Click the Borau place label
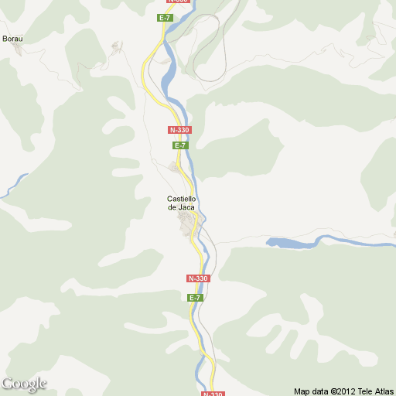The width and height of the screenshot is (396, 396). click(x=12, y=38)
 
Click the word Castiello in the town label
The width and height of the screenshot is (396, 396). click(x=182, y=199)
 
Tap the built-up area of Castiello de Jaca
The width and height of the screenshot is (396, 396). click(x=188, y=225)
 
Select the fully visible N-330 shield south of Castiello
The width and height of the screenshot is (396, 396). click(x=198, y=278)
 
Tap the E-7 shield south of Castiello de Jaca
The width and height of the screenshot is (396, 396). click(x=195, y=297)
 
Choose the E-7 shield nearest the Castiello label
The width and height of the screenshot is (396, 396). click(x=180, y=145)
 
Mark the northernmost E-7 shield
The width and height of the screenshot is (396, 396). click(x=165, y=17)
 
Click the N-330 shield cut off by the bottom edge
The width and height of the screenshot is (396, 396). click(x=213, y=393)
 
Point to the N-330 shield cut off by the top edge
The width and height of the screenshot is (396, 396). click(x=177, y=2)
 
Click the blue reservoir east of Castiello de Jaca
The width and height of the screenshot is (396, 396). click(x=290, y=244)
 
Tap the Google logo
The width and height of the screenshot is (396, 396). click(x=24, y=384)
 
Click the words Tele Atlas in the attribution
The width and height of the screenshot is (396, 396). click(x=374, y=391)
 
